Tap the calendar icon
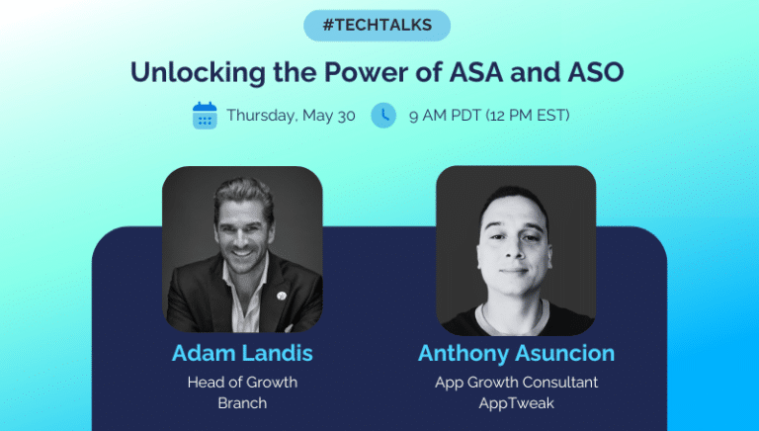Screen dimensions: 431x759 point(205,116)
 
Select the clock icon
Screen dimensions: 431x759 point(383,116)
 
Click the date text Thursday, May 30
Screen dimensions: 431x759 point(291,116)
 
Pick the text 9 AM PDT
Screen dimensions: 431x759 point(445,116)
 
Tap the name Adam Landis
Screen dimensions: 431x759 point(241,354)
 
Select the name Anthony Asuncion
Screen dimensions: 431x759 point(516,354)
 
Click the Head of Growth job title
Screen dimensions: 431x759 point(242,383)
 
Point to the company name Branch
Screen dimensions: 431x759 point(242,402)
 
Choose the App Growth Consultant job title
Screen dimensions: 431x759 point(516,383)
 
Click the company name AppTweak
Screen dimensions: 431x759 point(516,402)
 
